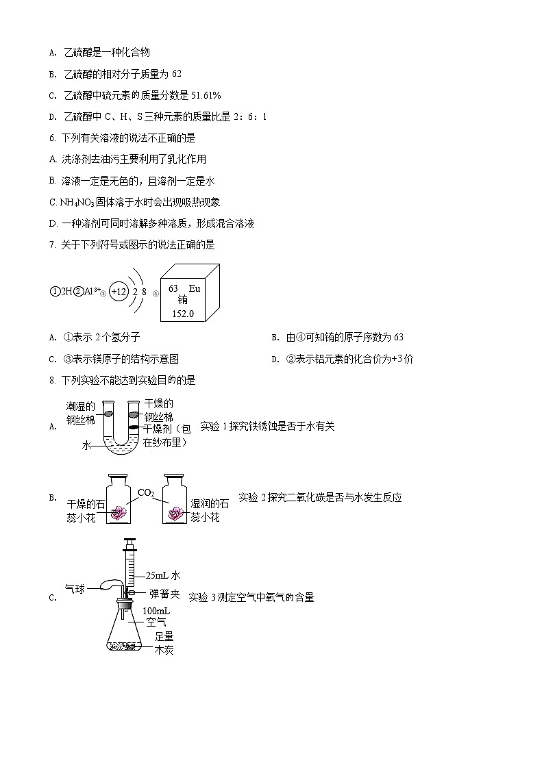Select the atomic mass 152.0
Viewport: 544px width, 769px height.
coord(182,314)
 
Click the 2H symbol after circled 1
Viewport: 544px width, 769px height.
coord(66,291)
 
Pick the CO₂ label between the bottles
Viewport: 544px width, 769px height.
coord(146,492)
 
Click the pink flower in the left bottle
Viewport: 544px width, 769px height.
coord(120,512)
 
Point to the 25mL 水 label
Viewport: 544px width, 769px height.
coord(162,576)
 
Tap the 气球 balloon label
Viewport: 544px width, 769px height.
coord(74,588)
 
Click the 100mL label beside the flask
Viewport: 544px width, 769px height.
coord(155,610)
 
